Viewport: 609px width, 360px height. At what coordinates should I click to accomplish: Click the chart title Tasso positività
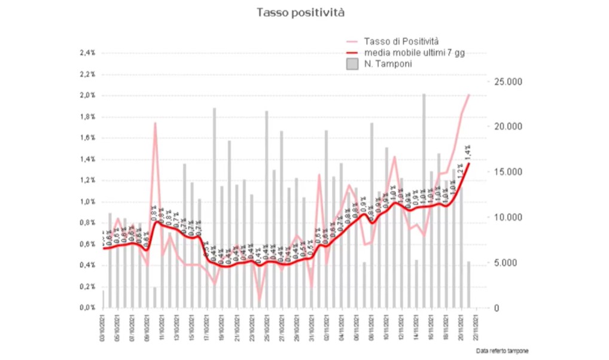point(300,12)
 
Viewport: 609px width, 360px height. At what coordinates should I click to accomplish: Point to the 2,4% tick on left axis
point(87,53)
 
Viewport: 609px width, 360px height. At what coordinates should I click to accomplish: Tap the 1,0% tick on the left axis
point(87,202)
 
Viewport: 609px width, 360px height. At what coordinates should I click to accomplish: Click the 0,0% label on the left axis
point(87,307)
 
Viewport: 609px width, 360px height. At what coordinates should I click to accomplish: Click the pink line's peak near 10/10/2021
point(155,123)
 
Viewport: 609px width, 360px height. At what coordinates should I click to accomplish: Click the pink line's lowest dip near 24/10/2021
point(260,301)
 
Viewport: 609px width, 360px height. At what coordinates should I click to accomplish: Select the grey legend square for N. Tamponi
point(352,64)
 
